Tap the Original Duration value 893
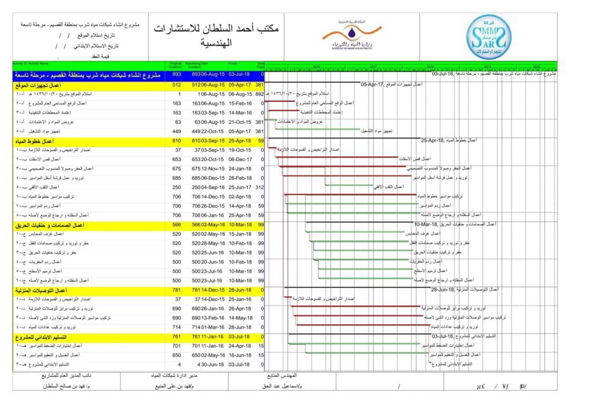tap(177, 75)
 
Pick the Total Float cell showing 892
tap(259, 94)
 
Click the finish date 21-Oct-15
tap(239, 122)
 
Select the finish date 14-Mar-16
tap(239, 113)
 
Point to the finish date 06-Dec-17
tap(239, 159)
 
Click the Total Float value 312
tap(259, 188)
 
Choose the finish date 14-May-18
tap(239, 318)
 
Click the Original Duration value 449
tap(177, 131)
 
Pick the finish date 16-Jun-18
tap(239, 355)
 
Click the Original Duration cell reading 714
tap(177, 327)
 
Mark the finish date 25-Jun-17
tap(239, 188)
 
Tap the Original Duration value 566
tap(177, 225)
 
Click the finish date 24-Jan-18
tap(239, 168)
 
